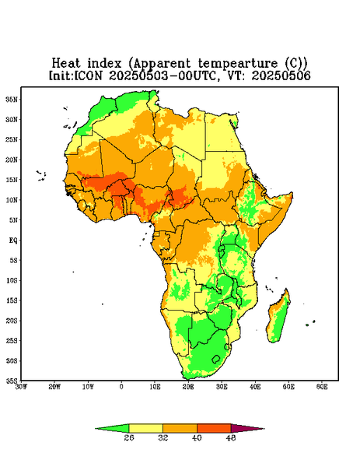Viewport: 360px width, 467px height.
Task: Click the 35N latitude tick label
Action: pyautogui.click(x=12, y=100)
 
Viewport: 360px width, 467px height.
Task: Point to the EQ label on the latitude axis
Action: pyautogui.click(x=13, y=240)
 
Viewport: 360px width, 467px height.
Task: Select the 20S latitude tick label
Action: pyautogui.click(x=12, y=321)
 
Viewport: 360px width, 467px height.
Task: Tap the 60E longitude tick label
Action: pyautogui.click(x=322, y=387)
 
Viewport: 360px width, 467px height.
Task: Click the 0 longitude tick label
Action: pyautogui.click(x=121, y=387)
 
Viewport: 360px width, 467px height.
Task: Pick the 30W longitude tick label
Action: pyautogui.click(x=21, y=387)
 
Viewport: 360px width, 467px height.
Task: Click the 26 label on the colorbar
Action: pyautogui.click(x=129, y=437)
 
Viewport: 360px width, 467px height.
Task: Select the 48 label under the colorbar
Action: pyautogui.click(x=231, y=437)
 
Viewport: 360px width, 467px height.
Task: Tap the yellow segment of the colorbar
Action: pyautogui.click(x=145, y=428)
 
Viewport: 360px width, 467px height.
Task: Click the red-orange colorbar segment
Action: pyautogui.click(x=214, y=428)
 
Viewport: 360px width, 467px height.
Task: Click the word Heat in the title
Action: pyautogui.click(x=66, y=64)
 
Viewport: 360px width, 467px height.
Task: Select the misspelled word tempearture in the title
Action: pyautogui.click(x=238, y=64)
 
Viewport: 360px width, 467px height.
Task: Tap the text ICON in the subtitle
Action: pyautogui.click(x=89, y=75)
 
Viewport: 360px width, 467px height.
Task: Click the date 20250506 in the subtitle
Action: pyautogui.click(x=281, y=75)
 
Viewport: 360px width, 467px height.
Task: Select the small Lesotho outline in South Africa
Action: pyautogui.click(x=216, y=359)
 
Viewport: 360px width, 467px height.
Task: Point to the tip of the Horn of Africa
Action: pyautogui.click(x=292, y=194)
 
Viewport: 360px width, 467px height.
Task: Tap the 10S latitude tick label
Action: pyautogui.click(x=12, y=280)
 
